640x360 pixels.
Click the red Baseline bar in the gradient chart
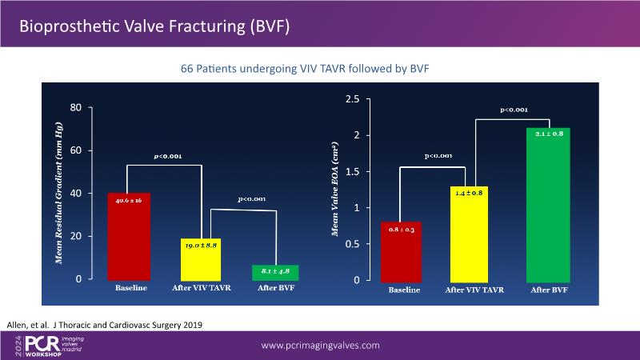click(129, 236)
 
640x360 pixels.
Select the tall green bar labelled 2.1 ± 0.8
click(548, 204)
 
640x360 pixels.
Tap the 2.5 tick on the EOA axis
click(351, 99)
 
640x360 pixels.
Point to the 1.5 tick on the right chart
click(351, 172)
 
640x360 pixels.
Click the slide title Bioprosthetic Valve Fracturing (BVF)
click(154, 26)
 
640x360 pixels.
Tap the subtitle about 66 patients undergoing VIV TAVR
click(306, 70)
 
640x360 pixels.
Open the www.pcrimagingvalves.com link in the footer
click(321, 345)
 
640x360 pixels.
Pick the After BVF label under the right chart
click(548, 289)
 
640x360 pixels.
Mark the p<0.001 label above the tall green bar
click(514, 109)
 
